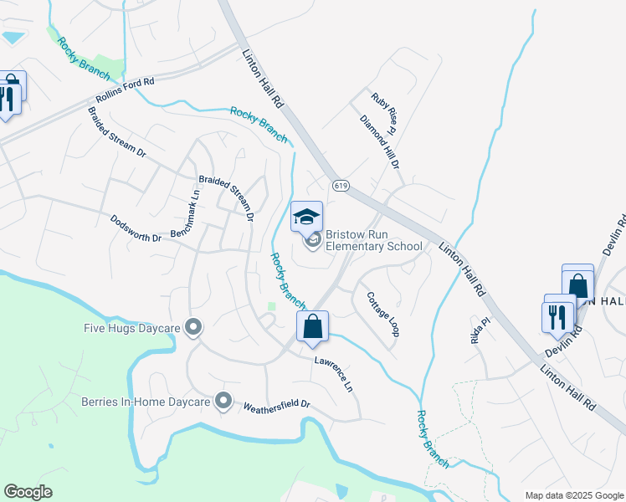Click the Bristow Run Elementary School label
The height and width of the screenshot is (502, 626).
tap(373, 241)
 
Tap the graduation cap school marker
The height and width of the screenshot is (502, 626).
tap(307, 217)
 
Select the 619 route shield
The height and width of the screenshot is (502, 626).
tap(340, 185)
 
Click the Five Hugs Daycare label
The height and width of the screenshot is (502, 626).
tap(135, 327)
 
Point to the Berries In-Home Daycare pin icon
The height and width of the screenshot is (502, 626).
tap(223, 402)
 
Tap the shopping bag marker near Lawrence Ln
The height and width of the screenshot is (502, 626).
tap(313, 327)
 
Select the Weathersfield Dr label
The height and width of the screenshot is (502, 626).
tap(276, 405)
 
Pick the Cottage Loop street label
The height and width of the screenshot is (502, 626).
tap(381, 314)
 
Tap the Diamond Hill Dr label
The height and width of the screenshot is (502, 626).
tap(380, 139)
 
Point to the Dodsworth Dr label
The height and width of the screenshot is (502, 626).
tap(136, 228)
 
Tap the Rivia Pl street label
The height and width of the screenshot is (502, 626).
tap(479, 330)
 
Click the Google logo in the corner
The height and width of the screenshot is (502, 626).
tap(28, 492)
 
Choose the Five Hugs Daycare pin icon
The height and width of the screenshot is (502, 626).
tap(194, 327)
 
